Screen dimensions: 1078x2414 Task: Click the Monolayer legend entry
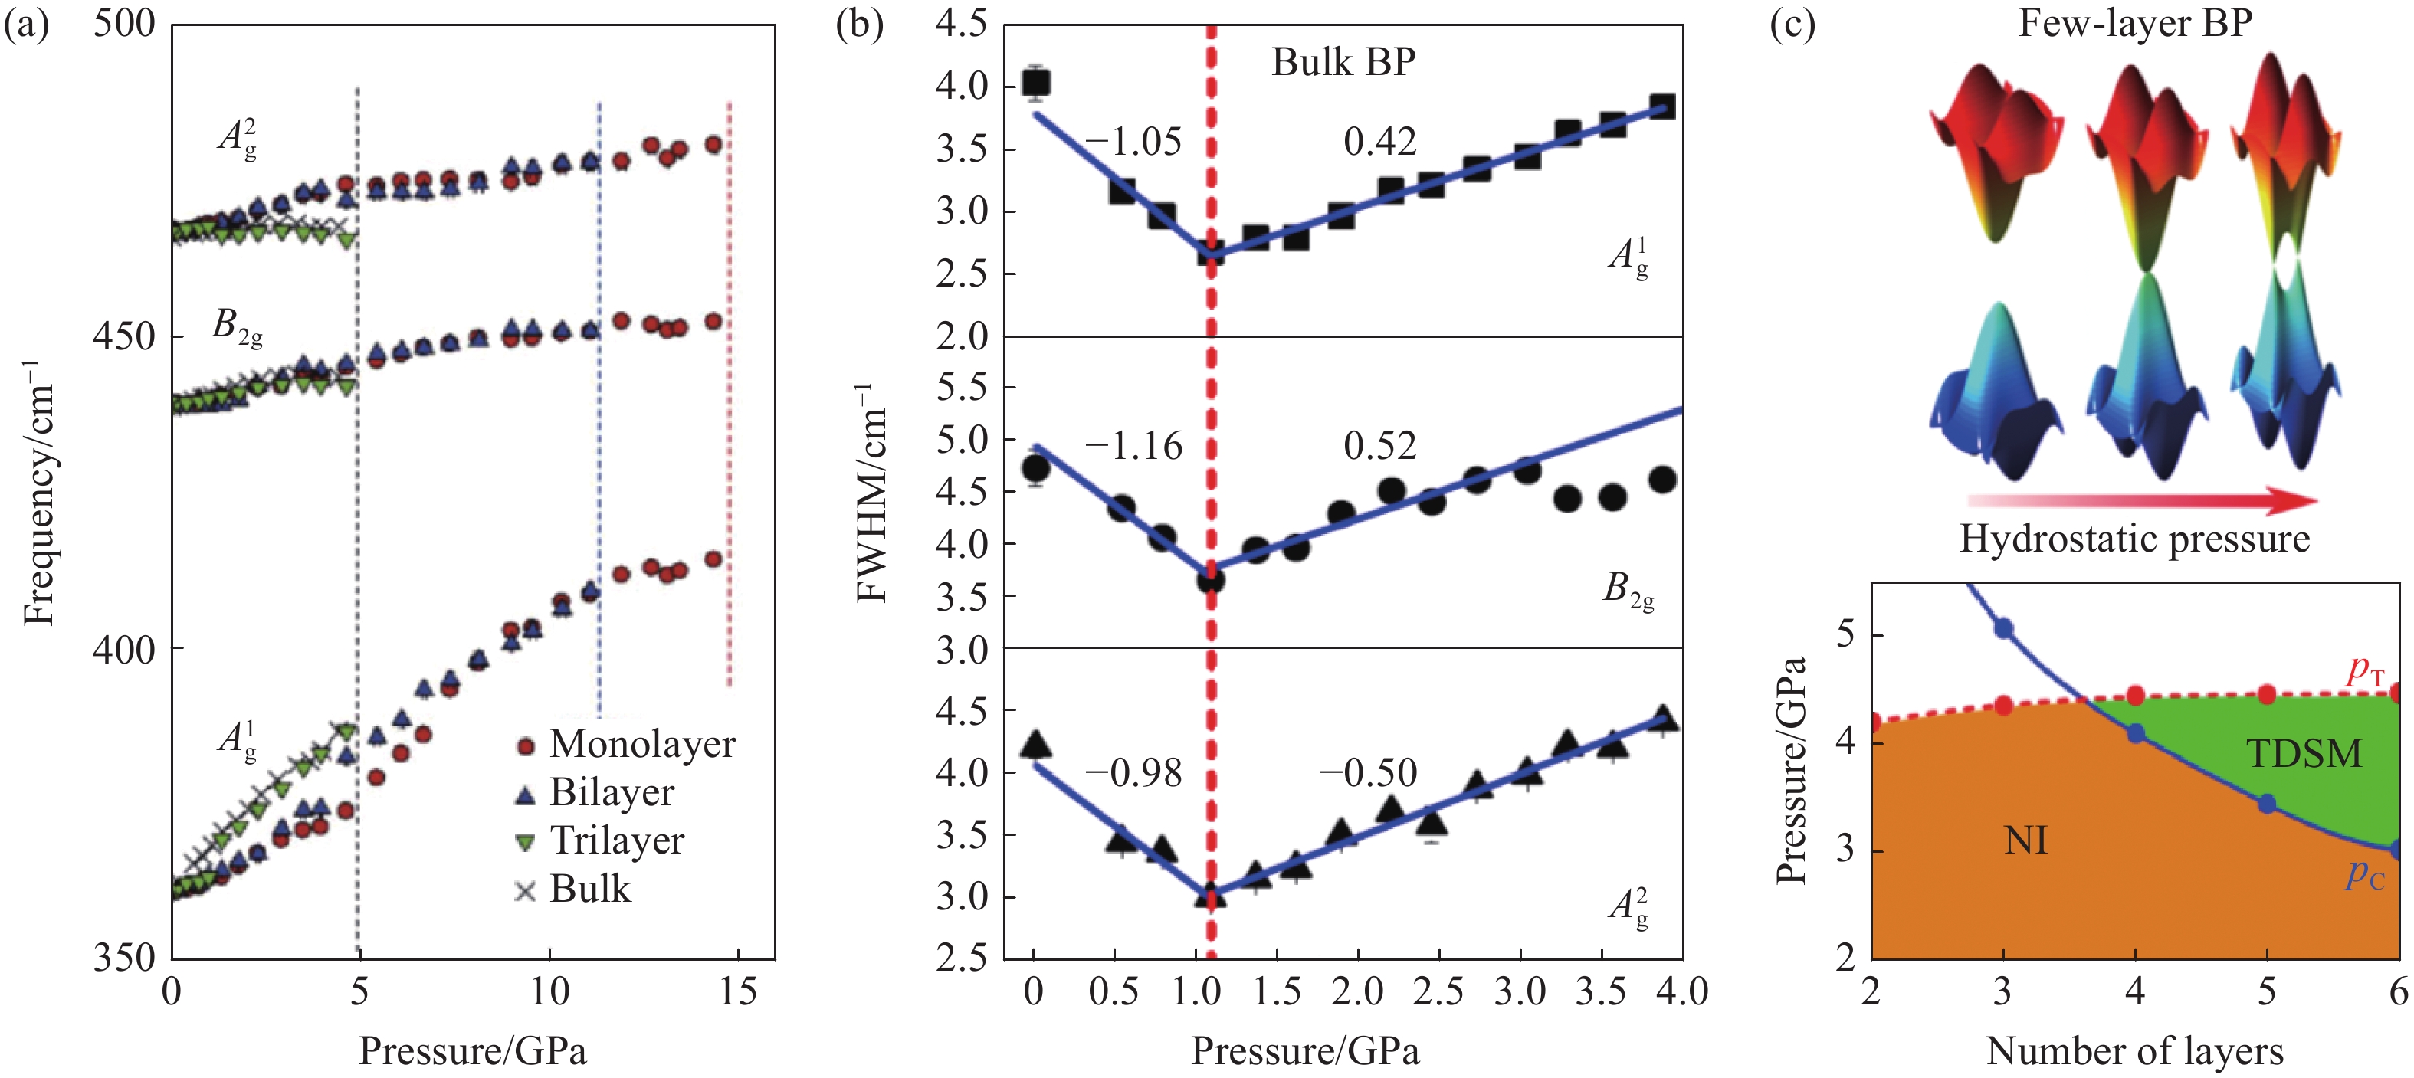pyautogui.click(x=626, y=745)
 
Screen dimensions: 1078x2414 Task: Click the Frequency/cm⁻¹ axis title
pyautogui.click(x=39, y=492)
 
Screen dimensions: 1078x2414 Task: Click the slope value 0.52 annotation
pyautogui.click(x=1379, y=446)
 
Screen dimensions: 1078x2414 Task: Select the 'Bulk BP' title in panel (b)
pyautogui.click(x=1343, y=62)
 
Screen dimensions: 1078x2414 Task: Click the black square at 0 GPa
pyautogui.click(x=1035, y=83)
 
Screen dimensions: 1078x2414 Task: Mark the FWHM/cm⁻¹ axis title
pyautogui.click(x=871, y=492)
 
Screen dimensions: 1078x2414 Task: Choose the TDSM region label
pyautogui.click(x=2304, y=754)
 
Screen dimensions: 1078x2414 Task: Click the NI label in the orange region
pyautogui.click(x=2025, y=841)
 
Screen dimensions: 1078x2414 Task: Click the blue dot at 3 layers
pyautogui.click(x=2003, y=628)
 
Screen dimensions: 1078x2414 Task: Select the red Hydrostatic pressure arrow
pyautogui.click(x=2141, y=501)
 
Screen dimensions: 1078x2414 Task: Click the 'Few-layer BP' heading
pyautogui.click(x=2135, y=24)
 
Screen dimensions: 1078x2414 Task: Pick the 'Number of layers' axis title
pyautogui.click(x=2135, y=1051)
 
